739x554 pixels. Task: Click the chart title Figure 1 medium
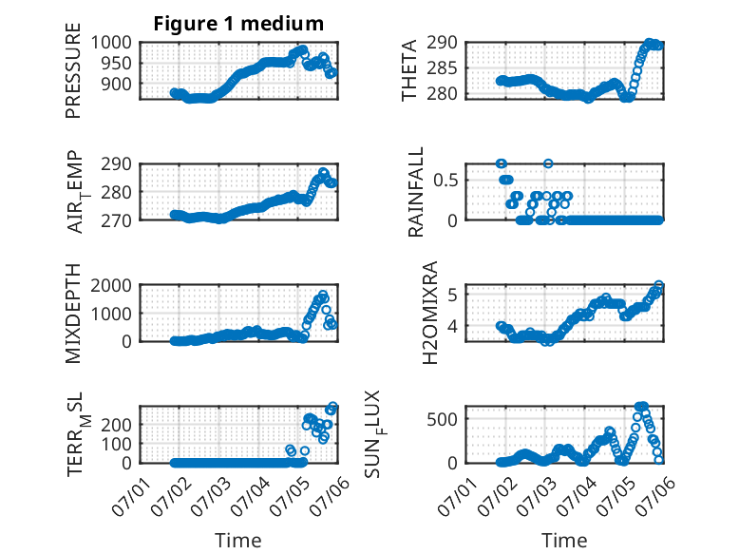pyautogui.click(x=238, y=24)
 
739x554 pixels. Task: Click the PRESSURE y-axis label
pyautogui.click(x=73, y=70)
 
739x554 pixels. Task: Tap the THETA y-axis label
pyautogui.click(x=409, y=70)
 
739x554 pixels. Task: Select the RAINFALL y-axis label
pyautogui.click(x=416, y=192)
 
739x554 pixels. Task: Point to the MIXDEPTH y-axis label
pyautogui.click(x=73, y=314)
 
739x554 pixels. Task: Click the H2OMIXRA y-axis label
pyautogui.click(x=430, y=313)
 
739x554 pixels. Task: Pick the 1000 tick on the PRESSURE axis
pyautogui.click(x=111, y=43)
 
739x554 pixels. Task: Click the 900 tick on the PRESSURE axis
pyautogui.click(x=117, y=84)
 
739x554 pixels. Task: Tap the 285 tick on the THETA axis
pyautogui.click(x=442, y=68)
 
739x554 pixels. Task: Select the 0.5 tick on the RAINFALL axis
pyautogui.click(x=445, y=181)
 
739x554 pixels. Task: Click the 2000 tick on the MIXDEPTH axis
pyautogui.click(x=111, y=285)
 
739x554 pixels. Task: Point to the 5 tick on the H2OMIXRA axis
pyautogui.click(x=453, y=296)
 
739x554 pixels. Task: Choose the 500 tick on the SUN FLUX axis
pyautogui.click(x=442, y=419)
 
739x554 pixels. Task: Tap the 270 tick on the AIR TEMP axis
pyautogui.click(x=117, y=220)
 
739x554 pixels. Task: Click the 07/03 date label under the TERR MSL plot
pyautogui.click(x=211, y=496)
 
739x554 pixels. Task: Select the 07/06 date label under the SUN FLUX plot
pyautogui.click(x=655, y=496)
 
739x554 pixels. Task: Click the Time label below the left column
pyautogui.click(x=238, y=541)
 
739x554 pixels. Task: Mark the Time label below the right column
pyautogui.click(x=564, y=541)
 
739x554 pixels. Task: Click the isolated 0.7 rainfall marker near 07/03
pyautogui.click(x=548, y=163)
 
